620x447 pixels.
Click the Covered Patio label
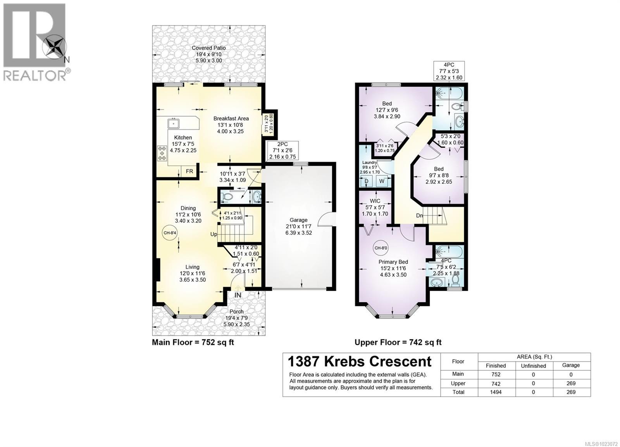(208, 54)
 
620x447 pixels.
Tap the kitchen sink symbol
(174, 123)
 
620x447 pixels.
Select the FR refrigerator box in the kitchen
(189, 171)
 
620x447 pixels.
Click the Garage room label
(298, 226)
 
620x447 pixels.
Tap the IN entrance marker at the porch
(238, 295)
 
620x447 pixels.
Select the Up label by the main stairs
(214, 234)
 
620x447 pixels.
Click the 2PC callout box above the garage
(282, 151)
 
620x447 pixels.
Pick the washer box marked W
(382, 181)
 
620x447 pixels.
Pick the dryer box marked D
(366, 181)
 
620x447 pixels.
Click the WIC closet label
(375, 207)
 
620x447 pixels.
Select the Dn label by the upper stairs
(419, 216)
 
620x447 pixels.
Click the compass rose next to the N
(54, 46)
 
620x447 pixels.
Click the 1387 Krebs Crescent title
(359, 361)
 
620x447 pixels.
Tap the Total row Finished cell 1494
(496, 392)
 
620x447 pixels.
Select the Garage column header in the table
(571, 365)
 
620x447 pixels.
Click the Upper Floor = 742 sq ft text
(398, 342)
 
